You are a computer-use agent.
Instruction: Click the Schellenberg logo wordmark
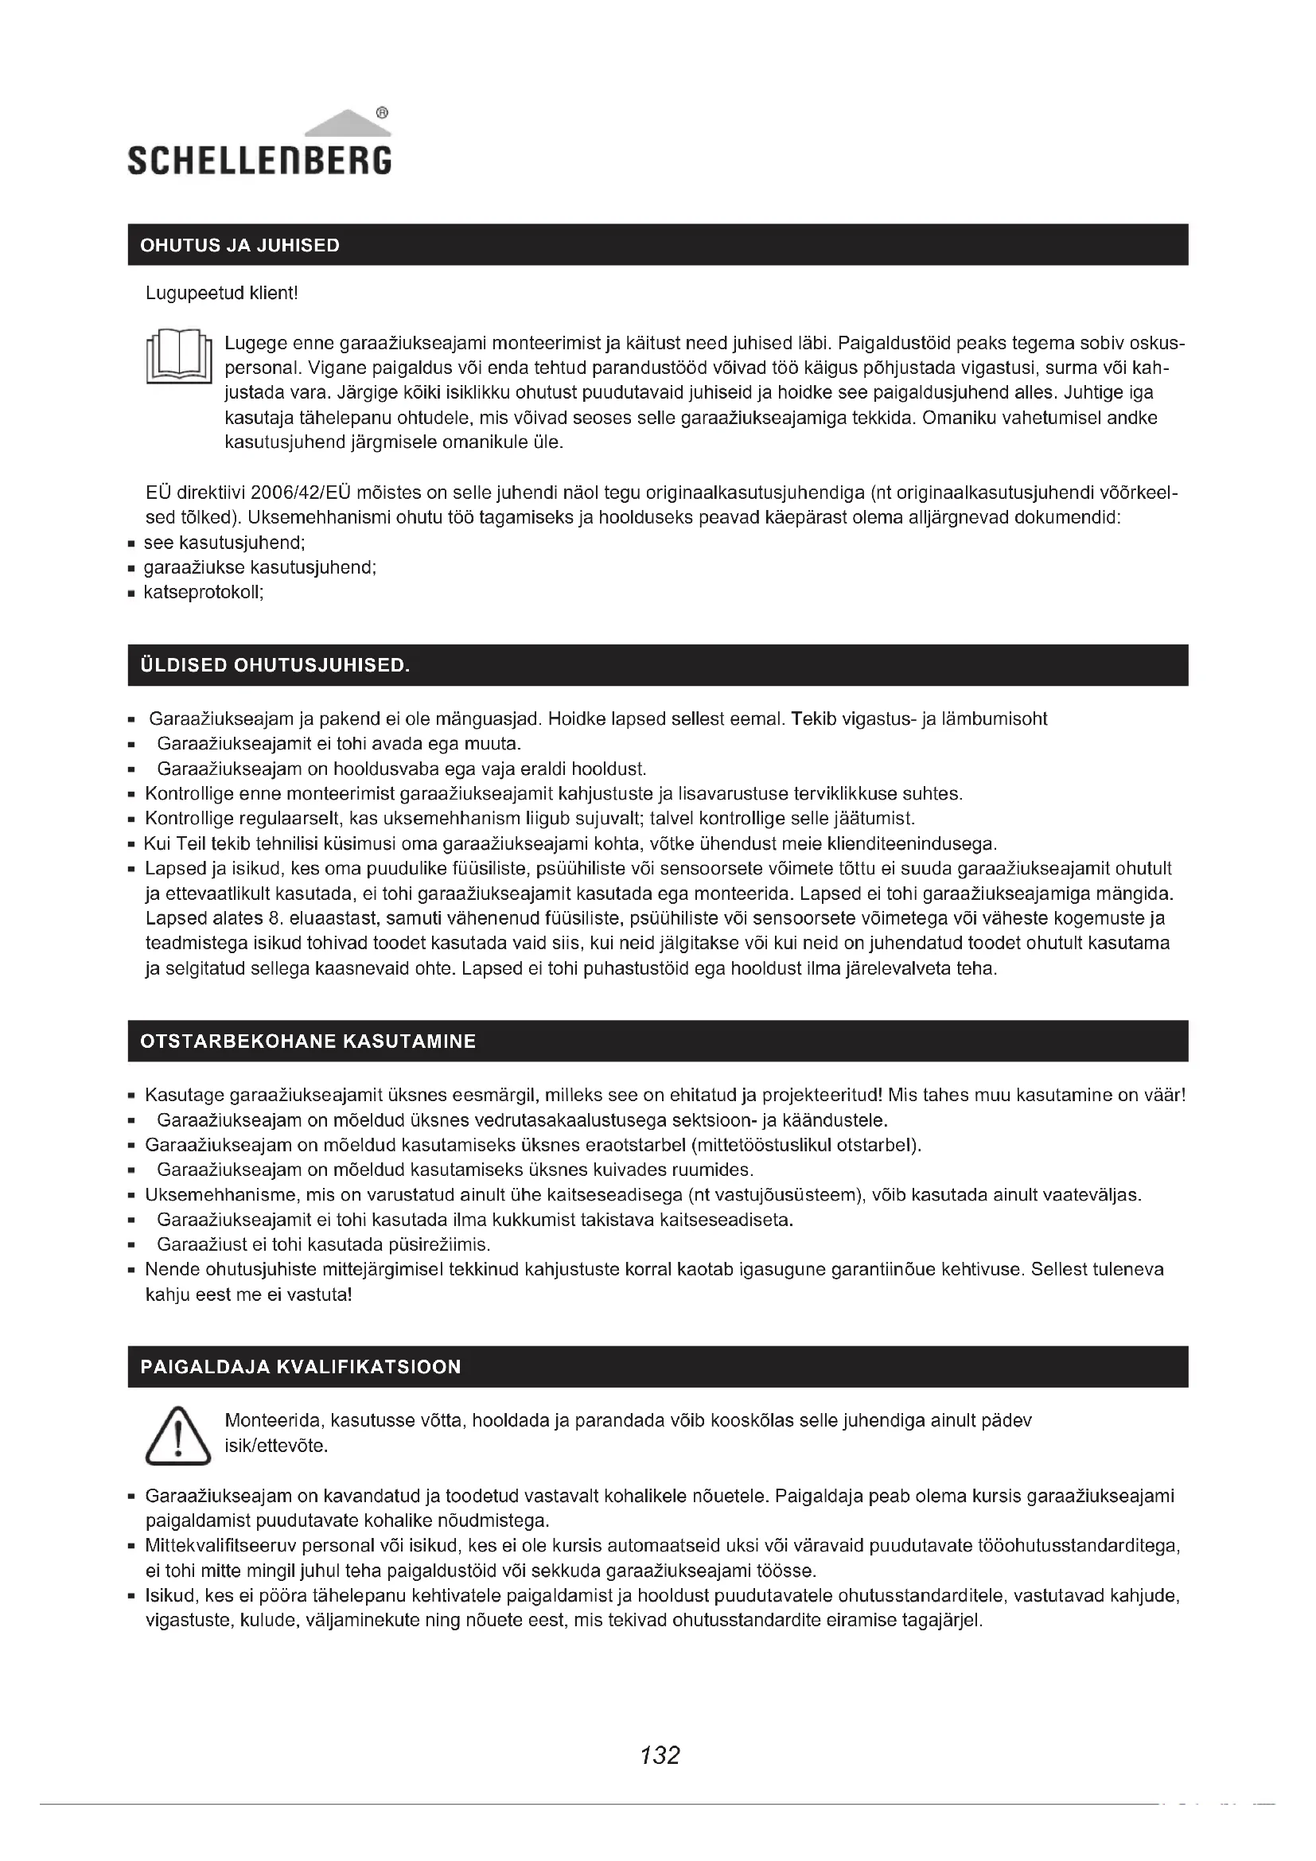click(x=259, y=160)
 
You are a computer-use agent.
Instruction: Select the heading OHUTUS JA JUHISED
click(x=239, y=246)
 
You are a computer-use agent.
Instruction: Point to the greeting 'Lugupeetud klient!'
click(x=222, y=294)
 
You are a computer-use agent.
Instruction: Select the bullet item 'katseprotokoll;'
click(x=204, y=593)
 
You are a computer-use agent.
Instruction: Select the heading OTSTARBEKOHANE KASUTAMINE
click(x=308, y=1041)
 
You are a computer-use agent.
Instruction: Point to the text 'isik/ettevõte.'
click(x=275, y=1446)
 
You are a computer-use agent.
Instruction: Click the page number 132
click(x=660, y=1756)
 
